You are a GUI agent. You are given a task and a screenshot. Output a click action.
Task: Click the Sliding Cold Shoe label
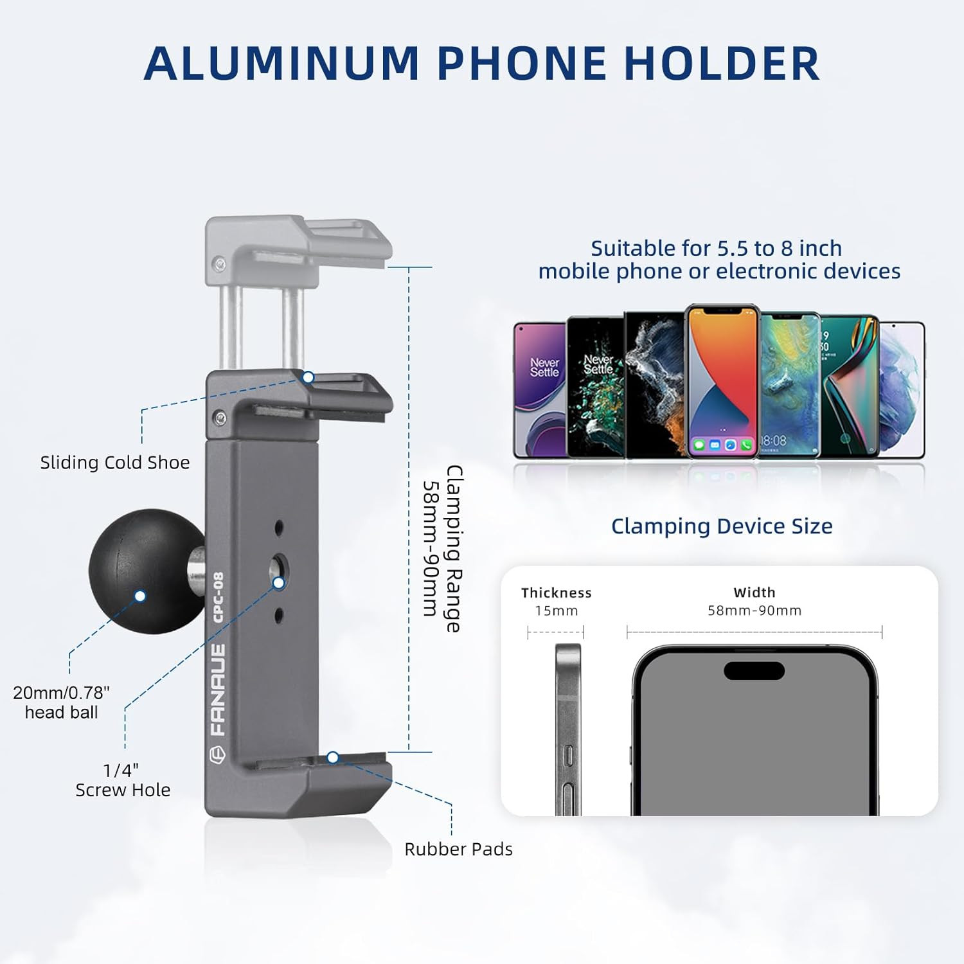[x=115, y=463]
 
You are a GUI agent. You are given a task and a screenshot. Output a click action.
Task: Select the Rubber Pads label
[x=458, y=849]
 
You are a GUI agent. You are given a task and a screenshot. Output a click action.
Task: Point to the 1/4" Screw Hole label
[x=123, y=780]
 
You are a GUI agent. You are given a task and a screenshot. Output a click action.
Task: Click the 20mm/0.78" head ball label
[x=62, y=702]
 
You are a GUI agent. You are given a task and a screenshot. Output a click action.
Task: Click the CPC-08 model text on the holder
[x=218, y=598]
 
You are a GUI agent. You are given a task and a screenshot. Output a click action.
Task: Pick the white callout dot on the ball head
[x=140, y=596]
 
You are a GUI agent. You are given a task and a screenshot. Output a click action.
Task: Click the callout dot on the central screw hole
[x=279, y=583]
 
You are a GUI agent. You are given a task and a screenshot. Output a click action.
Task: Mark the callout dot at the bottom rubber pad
[x=333, y=758]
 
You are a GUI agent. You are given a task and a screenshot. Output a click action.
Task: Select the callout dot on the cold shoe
[x=308, y=377]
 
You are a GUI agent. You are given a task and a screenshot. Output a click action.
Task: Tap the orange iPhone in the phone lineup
[x=722, y=380]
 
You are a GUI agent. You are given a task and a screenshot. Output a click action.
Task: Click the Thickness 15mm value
[x=557, y=611]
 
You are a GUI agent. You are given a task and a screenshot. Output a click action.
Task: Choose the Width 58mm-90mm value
[x=754, y=611]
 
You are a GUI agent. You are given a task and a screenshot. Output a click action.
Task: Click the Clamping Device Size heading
[x=722, y=526]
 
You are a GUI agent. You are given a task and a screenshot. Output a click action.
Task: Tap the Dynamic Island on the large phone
[x=754, y=670]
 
